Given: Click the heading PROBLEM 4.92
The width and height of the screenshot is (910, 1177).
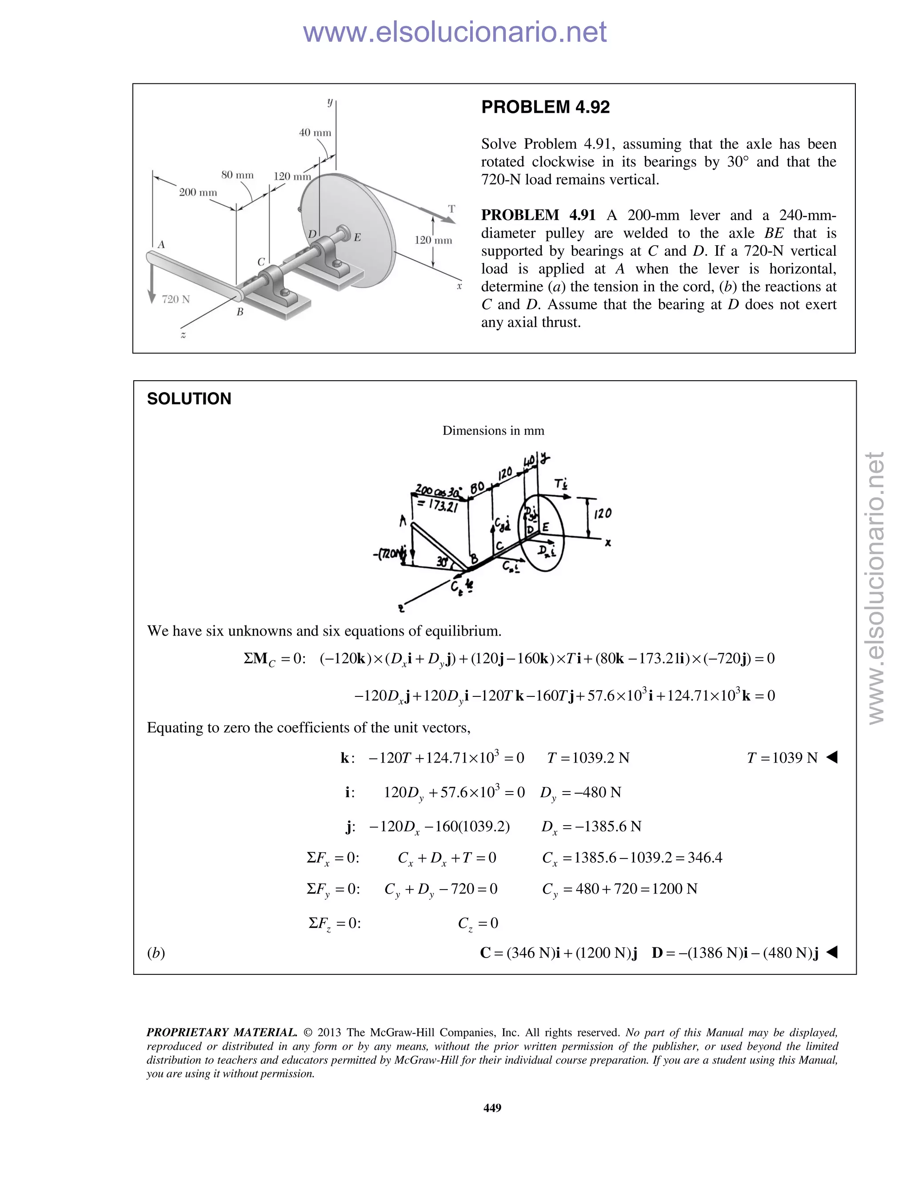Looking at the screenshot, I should click(x=545, y=107).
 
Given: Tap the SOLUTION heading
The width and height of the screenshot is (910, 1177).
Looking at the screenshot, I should click(x=189, y=399).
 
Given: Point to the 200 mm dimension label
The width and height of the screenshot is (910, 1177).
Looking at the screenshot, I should click(x=198, y=192).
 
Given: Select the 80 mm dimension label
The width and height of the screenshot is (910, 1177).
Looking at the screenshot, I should click(x=237, y=175).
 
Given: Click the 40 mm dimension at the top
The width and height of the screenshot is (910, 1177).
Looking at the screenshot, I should click(x=315, y=132).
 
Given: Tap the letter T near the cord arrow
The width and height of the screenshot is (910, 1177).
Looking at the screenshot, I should click(x=451, y=209).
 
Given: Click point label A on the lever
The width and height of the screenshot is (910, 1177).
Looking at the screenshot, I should click(x=161, y=245).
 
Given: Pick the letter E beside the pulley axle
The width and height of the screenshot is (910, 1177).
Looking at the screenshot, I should click(x=357, y=237).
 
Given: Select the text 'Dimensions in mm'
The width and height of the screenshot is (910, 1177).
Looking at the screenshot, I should click(x=493, y=430).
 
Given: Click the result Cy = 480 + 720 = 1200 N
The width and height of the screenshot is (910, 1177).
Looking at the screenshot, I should click(x=619, y=889).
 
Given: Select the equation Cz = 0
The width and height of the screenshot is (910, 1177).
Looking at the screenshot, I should click(x=478, y=923).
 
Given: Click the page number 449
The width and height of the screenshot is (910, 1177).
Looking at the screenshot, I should click(x=492, y=1107).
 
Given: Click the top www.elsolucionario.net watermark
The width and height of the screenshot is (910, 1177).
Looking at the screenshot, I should click(x=455, y=32).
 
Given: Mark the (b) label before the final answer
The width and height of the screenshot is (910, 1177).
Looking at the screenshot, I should click(x=156, y=953).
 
